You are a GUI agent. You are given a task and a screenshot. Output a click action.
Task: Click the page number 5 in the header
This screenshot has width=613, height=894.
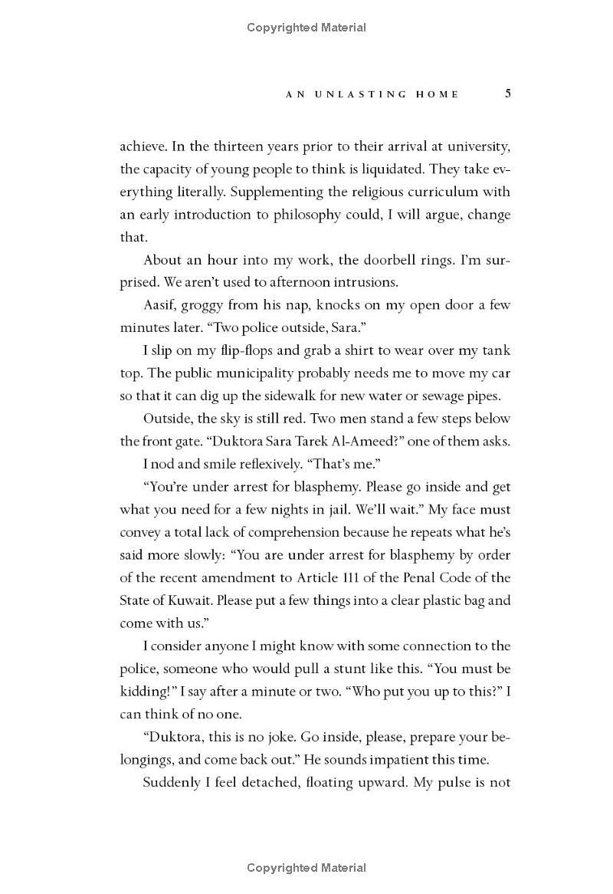point(508,94)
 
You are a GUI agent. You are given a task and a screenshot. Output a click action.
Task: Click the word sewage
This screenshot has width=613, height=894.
point(432,396)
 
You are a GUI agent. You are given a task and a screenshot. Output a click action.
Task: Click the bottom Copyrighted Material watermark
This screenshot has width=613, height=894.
point(306,868)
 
